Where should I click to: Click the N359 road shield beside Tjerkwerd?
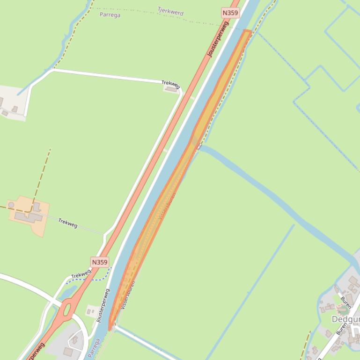(230, 13)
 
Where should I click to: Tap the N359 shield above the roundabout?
(100, 262)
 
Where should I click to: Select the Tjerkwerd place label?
(170, 11)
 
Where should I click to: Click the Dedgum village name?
(345, 319)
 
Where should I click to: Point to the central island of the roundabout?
(66, 309)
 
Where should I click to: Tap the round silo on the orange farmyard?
(11, 205)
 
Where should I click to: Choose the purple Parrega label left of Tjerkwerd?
(110, 15)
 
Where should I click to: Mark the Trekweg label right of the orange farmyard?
(68, 223)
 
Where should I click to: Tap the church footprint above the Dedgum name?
(343, 309)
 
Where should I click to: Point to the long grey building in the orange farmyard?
(28, 216)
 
